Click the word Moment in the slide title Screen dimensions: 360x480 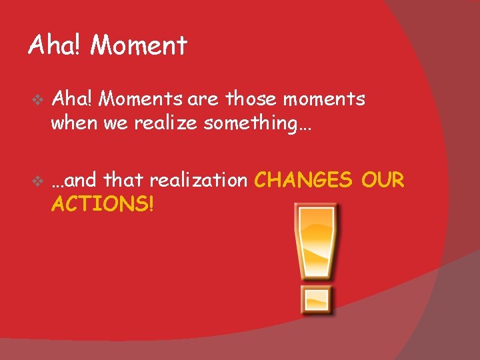click(139, 46)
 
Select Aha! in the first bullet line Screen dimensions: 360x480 click(74, 99)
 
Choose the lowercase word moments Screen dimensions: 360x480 click(326, 99)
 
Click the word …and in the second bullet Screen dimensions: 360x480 click(75, 180)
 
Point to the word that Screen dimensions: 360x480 click(125, 180)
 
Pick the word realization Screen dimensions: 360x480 click(198, 180)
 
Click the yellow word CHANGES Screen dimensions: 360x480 click(304, 180)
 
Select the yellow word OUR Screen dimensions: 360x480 click(383, 180)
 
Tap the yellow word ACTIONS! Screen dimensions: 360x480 click(103, 204)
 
